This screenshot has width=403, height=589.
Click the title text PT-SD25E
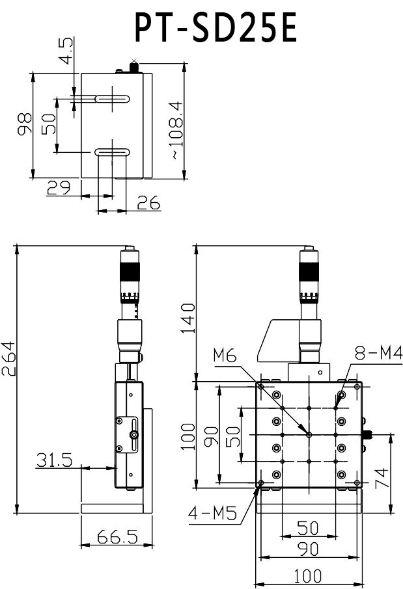[215, 28]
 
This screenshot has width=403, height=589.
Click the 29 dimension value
[59, 189]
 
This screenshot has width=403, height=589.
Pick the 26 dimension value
[148, 203]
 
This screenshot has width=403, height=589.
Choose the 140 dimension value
[188, 317]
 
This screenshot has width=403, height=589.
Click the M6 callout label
[225, 356]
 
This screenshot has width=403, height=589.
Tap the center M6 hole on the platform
[309, 434]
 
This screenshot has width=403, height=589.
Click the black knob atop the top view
[135, 66]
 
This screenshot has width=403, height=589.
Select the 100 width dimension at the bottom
[307, 575]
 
